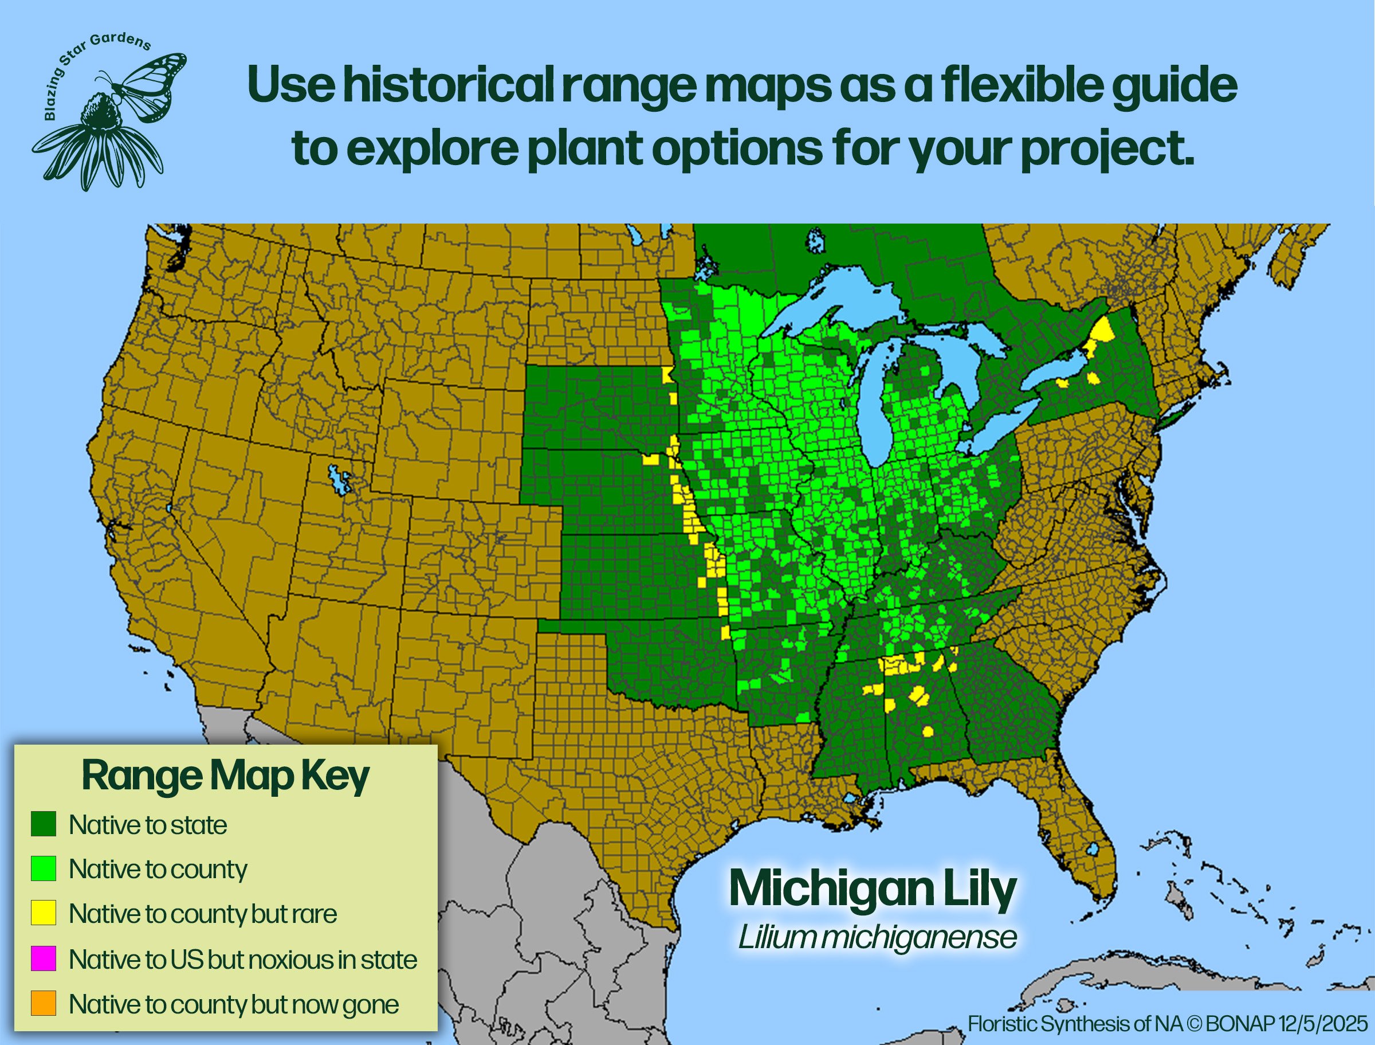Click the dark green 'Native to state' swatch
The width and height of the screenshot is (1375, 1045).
point(44,824)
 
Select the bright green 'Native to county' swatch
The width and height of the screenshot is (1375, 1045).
point(44,868)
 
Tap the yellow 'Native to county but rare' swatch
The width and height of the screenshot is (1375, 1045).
point(44,913)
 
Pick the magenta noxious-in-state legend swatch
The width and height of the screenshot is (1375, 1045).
point(44,958)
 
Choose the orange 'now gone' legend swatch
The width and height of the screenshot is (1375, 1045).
point(44,1003)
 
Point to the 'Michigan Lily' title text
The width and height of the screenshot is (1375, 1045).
point(873,890)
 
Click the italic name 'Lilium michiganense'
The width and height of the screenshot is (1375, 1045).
point(877,937)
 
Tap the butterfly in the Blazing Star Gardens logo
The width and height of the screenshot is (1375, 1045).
point(149,84)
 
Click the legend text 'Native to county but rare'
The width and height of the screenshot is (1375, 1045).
point(203,914)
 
